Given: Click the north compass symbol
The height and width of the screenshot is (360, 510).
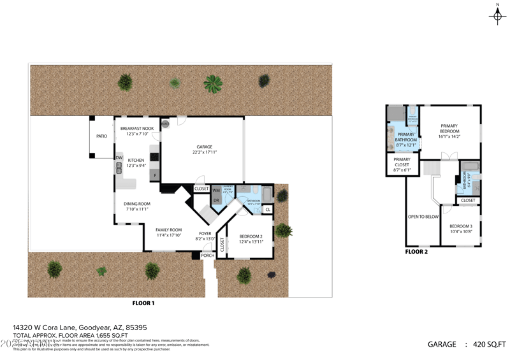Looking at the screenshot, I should tap(497, 15).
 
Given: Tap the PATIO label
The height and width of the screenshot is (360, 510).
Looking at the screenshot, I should tap(101, 136).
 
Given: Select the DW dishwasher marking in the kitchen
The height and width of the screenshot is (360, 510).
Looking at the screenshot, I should tap(119, 158).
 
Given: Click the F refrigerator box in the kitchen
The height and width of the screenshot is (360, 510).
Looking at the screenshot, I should tap(154, 175).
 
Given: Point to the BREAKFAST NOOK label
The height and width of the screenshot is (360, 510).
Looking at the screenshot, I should tap(137, 128).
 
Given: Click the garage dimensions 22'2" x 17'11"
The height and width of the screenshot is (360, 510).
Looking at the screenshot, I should tap(205, 152).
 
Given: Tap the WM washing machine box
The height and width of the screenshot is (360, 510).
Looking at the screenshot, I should tap(216, 190).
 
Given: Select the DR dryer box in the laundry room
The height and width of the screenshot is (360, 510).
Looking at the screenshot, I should tap(216, 200).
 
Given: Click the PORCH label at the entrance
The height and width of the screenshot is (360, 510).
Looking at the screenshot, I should tap(208, 256).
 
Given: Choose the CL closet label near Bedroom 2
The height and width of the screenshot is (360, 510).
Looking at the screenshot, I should tap(267, 209).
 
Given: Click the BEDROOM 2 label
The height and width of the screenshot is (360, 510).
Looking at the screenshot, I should tap(251, 236).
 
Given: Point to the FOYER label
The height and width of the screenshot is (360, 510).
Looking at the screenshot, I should tap(205, 233).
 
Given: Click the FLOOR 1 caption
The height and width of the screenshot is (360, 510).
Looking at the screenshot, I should tap(143, 303).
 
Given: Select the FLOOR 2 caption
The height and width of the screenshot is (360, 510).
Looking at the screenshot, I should tap(416, 252).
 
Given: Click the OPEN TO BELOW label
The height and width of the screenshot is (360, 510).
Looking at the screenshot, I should tap(423, 217).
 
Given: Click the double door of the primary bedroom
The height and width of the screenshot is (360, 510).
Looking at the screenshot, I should tap(450, 156).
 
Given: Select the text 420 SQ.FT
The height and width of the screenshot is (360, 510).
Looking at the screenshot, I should tap(488, 344).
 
